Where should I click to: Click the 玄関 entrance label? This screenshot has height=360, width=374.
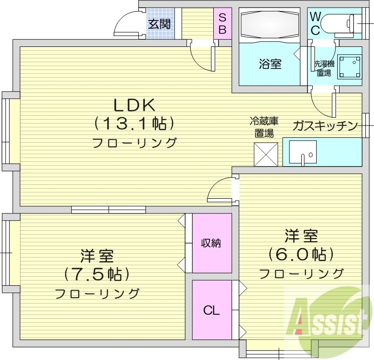pos(159,23)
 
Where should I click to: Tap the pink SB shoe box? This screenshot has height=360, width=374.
pos(222,23)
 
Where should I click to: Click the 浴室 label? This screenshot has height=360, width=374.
pos(270,64)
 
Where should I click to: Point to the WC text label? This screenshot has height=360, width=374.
pos(315,23)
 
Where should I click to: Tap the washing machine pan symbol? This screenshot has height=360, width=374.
pos(349,67)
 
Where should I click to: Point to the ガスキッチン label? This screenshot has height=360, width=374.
pos(325,126)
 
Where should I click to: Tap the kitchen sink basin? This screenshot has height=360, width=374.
pos(306,155)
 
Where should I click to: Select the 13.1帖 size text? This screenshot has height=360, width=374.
pos(133,124)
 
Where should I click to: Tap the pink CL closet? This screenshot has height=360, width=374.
pos(211,310)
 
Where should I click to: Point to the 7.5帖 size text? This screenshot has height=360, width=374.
pos(97,274)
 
